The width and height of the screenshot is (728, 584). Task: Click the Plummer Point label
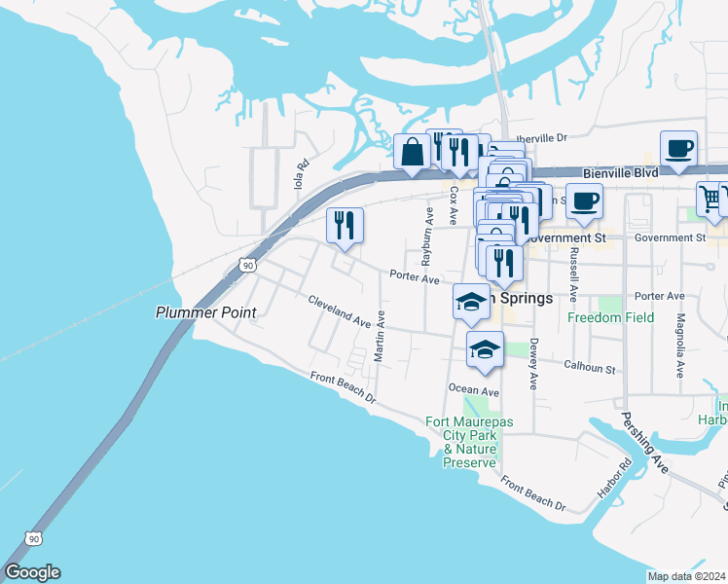(206, 312)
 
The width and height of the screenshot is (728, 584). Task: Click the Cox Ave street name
(454, 201)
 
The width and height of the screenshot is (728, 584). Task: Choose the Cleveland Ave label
(340, 311)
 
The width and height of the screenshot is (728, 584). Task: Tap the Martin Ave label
(381, 337)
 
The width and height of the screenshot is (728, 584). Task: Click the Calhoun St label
(591, 368)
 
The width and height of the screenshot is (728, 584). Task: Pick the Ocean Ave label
(474, 389)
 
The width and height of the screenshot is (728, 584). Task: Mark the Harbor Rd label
(626, 474)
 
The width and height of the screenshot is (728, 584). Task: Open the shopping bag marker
(413, 152)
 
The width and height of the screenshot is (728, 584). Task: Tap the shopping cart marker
(711, 198)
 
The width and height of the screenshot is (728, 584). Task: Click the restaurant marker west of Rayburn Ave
(345, 226)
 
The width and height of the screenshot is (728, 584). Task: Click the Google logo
(32, 572)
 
